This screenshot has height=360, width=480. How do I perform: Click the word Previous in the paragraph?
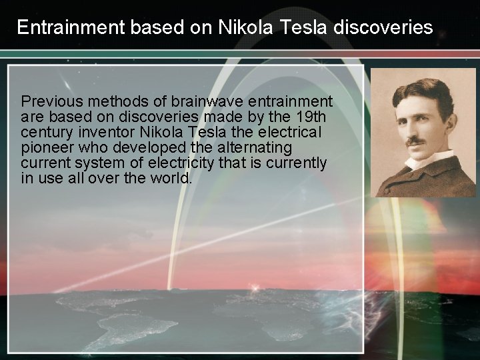pos(51,102)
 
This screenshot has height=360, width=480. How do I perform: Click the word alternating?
pos(255,147)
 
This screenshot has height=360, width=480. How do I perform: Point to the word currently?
pos(299,163)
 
